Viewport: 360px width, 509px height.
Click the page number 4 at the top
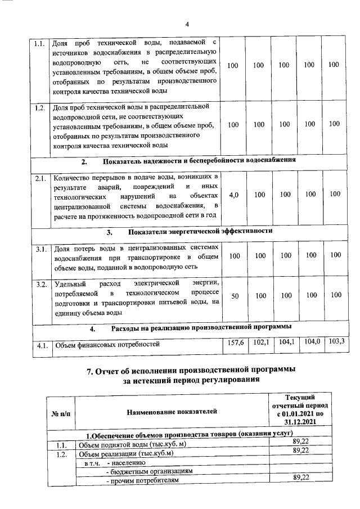[187, 24]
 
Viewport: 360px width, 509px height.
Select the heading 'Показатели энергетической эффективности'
[200, 231]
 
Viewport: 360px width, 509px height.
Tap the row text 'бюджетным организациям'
[150, 471]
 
